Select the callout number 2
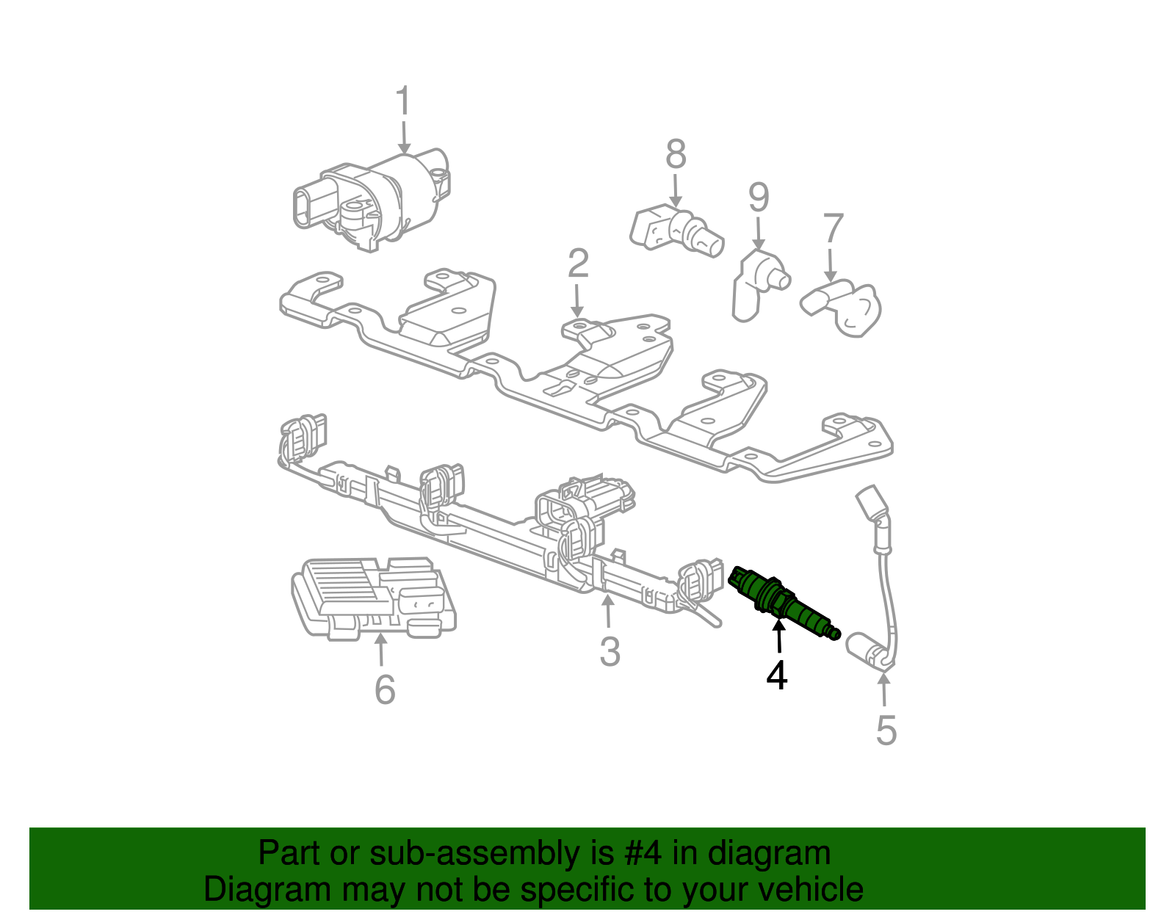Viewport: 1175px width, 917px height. tap(578, 264)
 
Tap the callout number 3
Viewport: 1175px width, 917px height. tap(610, 651)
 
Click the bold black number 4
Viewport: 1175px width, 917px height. tap(776, 675)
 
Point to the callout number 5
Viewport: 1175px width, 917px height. tap(886, 730)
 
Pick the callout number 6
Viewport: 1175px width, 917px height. tap(385, 689)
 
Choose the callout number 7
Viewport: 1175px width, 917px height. tap(833, 229)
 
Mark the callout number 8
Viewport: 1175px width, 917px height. tap(676, 154)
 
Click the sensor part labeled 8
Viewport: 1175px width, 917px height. tap(676, 229)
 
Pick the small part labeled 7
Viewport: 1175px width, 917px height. tap(845, 308)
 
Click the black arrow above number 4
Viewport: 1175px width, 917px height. tap(778, 637)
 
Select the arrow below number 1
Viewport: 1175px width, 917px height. tap(403, 137)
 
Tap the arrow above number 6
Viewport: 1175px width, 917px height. tap(380, 650)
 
